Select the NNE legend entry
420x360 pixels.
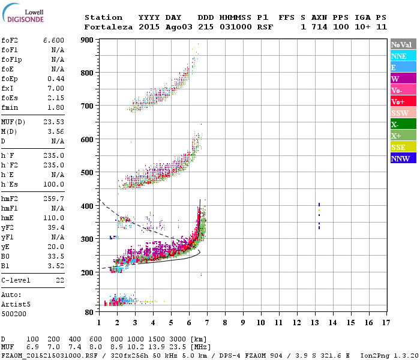coord(403,56)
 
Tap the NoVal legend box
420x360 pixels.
coord(403,44)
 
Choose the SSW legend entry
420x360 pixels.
coord(403,113)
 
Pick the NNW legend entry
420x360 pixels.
coord(403,158)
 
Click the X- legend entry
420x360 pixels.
coord(403,124)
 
